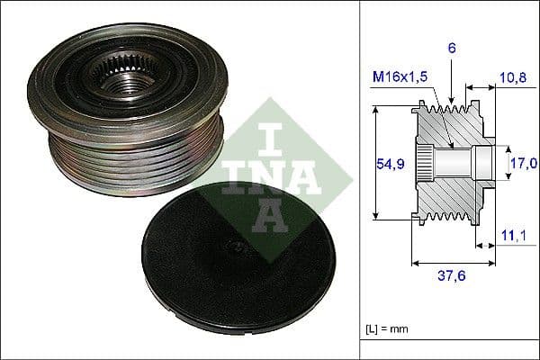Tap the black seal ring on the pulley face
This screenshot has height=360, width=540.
(72, 72)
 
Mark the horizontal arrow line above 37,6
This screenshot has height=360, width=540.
(453, 264)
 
